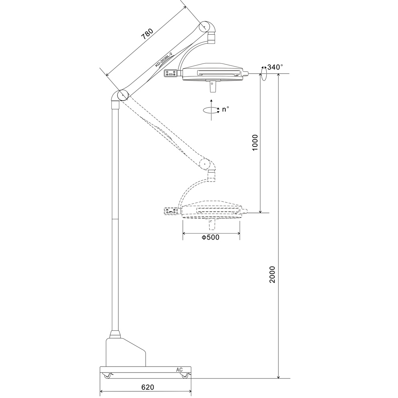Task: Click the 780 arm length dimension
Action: point(148,34)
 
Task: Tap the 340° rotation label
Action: point(275,67)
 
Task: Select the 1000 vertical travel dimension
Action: point(255,142)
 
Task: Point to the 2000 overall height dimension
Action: point(272,274)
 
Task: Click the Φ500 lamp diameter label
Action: point(211,237)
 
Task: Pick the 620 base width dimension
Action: point(148,387)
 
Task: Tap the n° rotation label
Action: point(225,109)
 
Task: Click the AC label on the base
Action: point(179,370)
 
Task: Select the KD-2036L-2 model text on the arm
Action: point(164,60)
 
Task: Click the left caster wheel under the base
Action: point(107,376)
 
